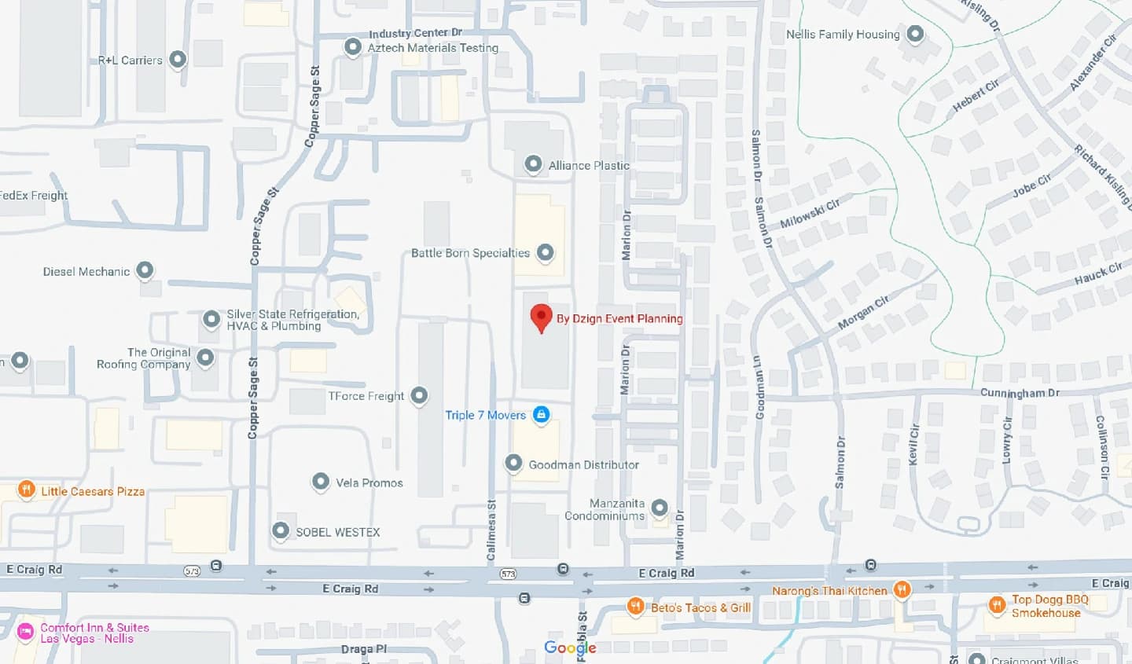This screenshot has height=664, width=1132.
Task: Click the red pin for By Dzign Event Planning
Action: [x=541, y=317]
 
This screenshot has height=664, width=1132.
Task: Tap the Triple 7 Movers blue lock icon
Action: [x=541, y=414]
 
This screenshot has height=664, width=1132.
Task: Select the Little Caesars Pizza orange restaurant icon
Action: [x=26, y=490]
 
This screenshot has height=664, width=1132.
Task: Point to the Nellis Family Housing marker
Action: [x=915, y=34]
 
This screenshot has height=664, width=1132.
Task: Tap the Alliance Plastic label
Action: [x=589, y=165]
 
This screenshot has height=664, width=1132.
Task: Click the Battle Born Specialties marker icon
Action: [x=545, y=252]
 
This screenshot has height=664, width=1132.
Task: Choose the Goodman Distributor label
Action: [x=583, y=464]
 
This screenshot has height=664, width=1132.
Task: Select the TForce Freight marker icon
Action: [x=419, y=394]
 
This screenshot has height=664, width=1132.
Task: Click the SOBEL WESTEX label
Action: [x=338, y=532]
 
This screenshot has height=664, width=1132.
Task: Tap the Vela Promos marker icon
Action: [x=320, y=481]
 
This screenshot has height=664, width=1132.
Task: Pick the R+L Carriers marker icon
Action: [x=178, y=59]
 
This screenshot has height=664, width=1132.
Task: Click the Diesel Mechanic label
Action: [x=86, y=272]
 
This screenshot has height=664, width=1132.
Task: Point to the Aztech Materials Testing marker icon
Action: [x=353, y=47]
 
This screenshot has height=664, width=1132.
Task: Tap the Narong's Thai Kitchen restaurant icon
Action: [x=902, y=589]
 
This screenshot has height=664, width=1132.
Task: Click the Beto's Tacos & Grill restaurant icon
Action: [x=635, y=606]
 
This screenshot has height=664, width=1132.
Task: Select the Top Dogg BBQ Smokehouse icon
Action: [x=997, y=604]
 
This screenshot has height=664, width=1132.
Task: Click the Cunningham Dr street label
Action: [x=1020, y=393]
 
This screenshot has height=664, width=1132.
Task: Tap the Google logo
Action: [x=570, y=647]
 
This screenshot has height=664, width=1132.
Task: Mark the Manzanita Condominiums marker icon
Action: [x=660, y=508]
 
